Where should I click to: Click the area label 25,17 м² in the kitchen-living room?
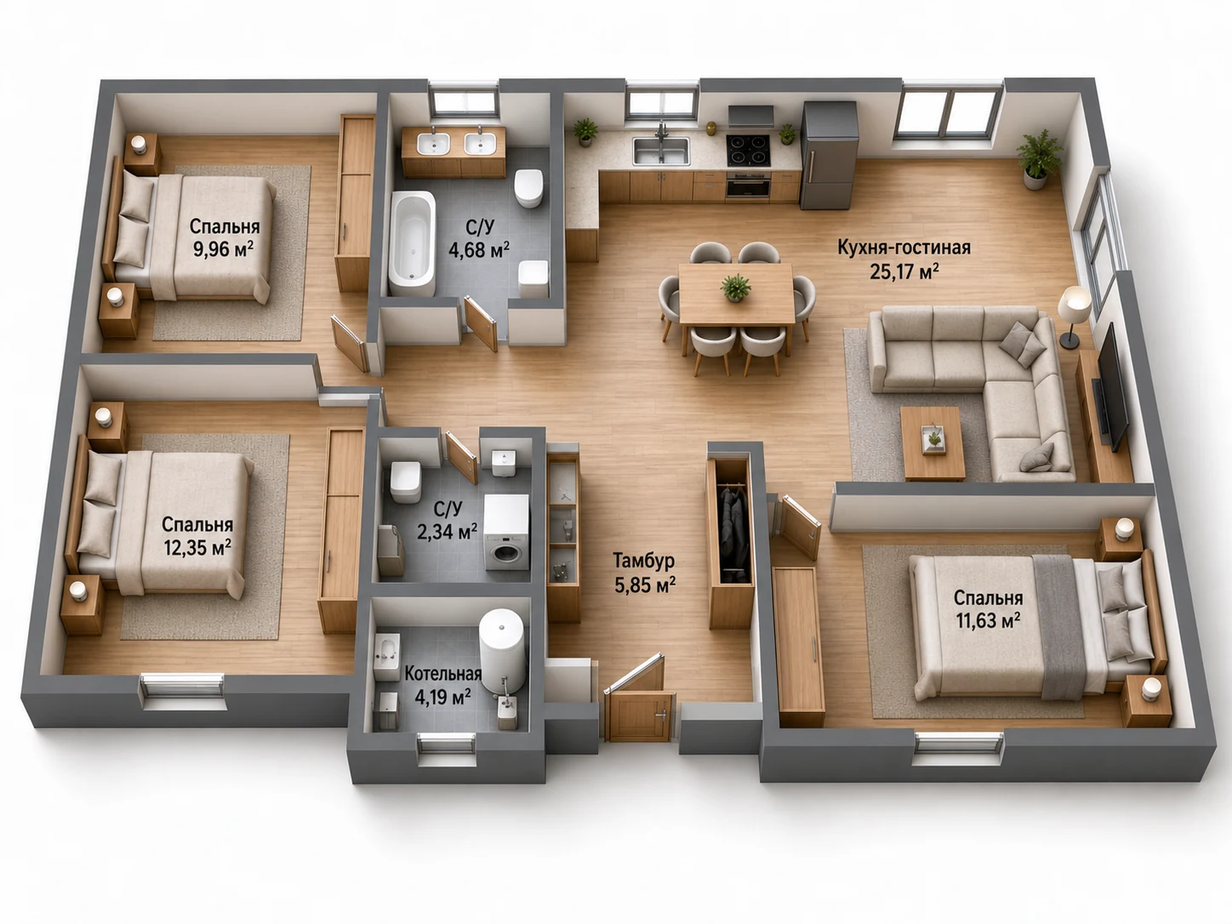(x=904, y=271)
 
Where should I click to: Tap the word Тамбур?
(x=644, y=561)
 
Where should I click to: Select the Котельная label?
(x=442, y=673)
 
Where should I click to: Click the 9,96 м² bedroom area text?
(x=223, y=248)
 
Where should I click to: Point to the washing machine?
(x=507, y=533)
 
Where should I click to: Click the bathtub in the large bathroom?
(x=413, y=243)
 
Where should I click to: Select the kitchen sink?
(x=661, y=151)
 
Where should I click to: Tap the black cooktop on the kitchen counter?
(x=749, y=151)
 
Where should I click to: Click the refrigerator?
(x=829, y=156)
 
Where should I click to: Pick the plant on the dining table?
(x=735, y=288)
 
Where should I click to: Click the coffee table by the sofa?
(x=933, y=443)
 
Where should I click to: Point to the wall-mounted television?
(x=1112, y=387)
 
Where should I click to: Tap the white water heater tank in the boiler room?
(x=502, y=651)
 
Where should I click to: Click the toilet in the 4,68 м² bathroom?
(x=528, y=188)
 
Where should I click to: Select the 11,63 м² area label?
(x=988, y=620)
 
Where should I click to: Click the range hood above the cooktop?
(x=751, y=116)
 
